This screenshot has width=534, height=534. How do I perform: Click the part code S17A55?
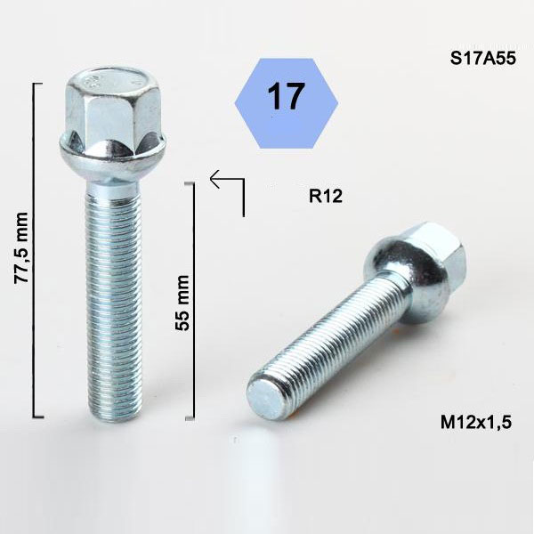483,58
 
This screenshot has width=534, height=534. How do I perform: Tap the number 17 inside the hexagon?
286,96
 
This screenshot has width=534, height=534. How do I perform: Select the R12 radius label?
325,196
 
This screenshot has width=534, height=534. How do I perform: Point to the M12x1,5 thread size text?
476,422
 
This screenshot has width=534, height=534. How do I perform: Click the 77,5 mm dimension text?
21,247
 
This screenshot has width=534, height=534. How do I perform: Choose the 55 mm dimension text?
182,303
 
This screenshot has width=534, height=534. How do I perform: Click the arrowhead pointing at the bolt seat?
215,179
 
